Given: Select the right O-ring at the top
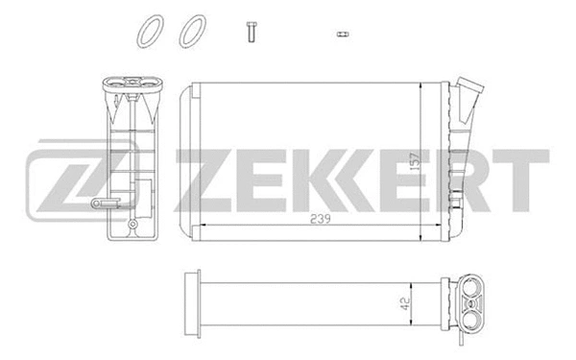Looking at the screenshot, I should (192, 31).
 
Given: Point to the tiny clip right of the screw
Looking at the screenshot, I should (341, 34).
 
